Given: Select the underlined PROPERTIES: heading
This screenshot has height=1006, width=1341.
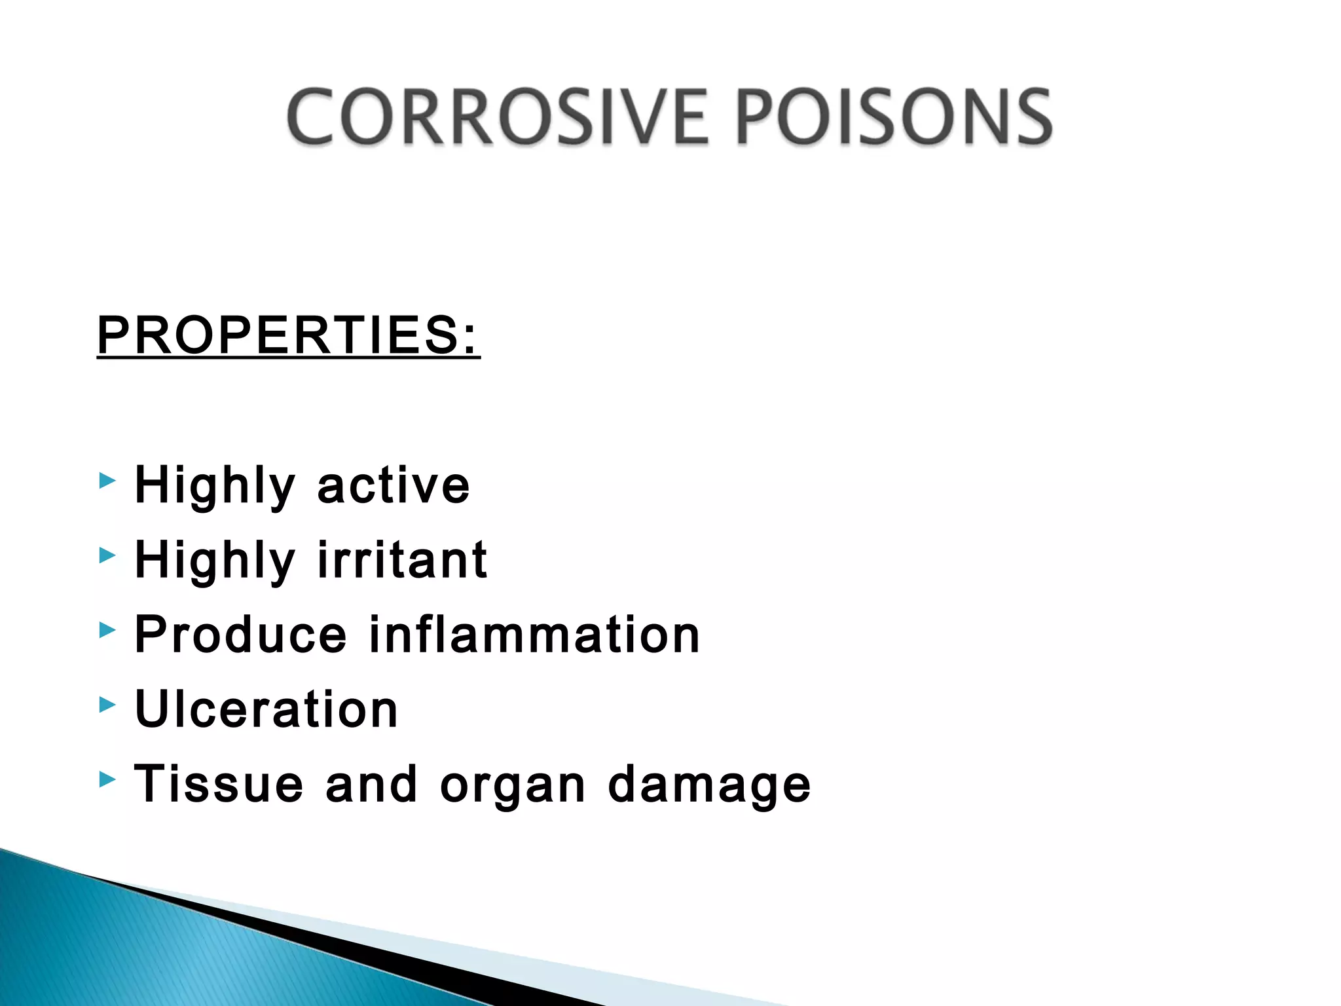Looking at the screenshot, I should tap(288, 335).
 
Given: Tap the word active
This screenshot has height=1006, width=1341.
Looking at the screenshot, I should tap(394, 485).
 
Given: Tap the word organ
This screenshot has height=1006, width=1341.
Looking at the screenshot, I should tap(513, 786).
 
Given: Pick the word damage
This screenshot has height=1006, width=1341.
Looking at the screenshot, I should tap(709, 785).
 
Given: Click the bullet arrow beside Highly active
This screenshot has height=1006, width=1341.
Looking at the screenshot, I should tap(107, 482).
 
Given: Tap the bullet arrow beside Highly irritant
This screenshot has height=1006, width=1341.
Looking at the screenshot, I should tap(107, 556).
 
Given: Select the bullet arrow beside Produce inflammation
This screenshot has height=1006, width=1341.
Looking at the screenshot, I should tap(107, 631).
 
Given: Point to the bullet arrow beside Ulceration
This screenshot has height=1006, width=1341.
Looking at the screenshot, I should tap(107, 705).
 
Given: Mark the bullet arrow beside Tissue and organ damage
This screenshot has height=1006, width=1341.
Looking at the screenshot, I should tap(107, 779).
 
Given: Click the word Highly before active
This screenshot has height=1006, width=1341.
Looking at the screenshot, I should tap(215, 487).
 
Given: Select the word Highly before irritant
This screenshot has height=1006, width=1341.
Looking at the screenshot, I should tap(215, 561).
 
